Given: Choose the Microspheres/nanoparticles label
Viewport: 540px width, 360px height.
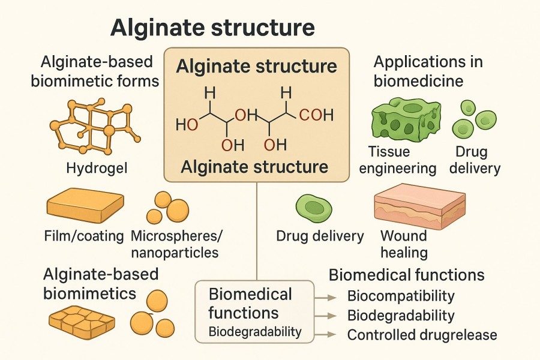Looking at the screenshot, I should (x=174, y=244).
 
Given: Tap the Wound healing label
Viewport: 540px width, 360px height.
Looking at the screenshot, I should (x=403, y=243).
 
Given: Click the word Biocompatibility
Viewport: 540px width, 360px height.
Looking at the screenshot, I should (x=401, y=296).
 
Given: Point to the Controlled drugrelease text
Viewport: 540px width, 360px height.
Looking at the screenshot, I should (x=422, y=334).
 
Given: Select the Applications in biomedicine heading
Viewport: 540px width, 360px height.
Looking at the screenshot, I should (x=428, y=71).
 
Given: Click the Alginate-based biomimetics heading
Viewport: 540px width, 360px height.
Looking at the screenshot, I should (x=101, y=283).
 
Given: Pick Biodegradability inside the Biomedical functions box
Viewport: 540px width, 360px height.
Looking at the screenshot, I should (x=254, y=332).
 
